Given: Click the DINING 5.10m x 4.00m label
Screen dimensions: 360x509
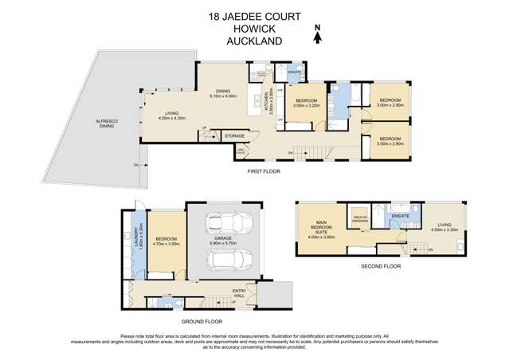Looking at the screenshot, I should click(222, 94).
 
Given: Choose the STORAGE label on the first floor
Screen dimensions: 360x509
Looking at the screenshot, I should click(234, 136).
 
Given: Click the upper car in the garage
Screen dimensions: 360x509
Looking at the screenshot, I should click(223, 225).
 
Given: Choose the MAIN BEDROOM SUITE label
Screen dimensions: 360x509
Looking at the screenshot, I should click(324, 232).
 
